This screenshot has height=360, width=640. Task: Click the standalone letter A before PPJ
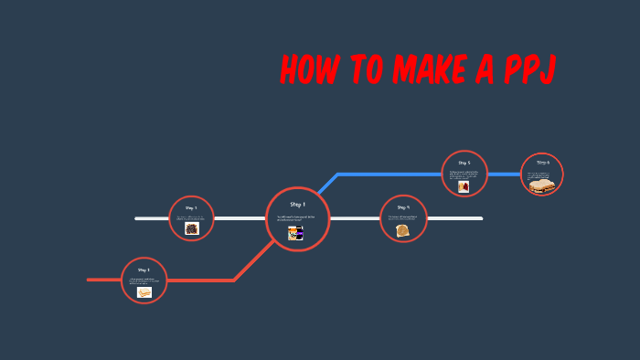click(485, 71)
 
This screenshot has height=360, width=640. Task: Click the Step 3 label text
click(144, 270)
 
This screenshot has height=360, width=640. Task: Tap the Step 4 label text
click(403, 207)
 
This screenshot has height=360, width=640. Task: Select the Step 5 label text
click(464, 163)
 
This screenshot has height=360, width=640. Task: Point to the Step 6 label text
click(542, 163)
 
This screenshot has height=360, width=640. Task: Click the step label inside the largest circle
click(297, 204)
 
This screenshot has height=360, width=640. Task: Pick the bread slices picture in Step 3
click(144, 292)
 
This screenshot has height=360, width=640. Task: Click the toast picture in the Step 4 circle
click(403, 231)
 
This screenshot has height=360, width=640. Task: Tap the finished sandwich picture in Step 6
click(542, 185)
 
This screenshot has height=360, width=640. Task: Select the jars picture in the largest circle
click(295, 234)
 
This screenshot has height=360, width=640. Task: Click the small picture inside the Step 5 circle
click(464, 186)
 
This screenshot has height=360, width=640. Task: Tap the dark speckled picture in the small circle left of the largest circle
click(192, 228)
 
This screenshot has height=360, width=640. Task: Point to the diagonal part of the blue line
click(327, 184)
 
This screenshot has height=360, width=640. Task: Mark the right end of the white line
click(480, 218)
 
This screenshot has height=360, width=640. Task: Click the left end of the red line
click(90, 280)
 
